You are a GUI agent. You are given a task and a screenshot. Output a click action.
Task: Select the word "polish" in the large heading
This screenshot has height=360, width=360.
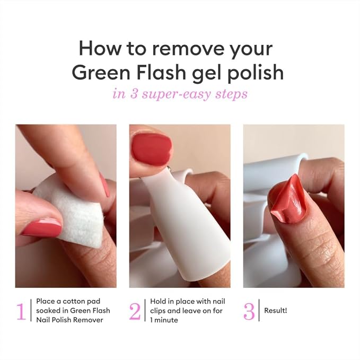pos(256,73)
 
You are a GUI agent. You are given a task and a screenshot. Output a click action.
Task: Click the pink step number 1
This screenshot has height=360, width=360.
pos(21,311)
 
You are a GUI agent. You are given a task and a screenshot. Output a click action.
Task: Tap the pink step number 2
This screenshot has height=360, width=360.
pos(135,311)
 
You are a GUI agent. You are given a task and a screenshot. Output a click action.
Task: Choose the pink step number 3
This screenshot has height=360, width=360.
pos(249,312)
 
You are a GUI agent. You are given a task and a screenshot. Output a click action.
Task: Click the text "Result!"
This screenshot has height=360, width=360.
pos(276,311)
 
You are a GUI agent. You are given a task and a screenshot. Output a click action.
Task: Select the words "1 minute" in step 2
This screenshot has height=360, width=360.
pos(164,320)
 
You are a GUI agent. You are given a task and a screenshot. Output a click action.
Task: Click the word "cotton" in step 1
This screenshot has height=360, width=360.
pos(74,301)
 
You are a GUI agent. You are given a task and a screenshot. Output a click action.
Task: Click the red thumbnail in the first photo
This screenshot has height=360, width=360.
pos(41,226)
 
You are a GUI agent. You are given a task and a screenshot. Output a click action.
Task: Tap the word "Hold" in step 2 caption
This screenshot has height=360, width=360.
pos(157,301)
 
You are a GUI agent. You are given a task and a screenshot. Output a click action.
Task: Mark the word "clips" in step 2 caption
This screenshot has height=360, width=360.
pos(157,311)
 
